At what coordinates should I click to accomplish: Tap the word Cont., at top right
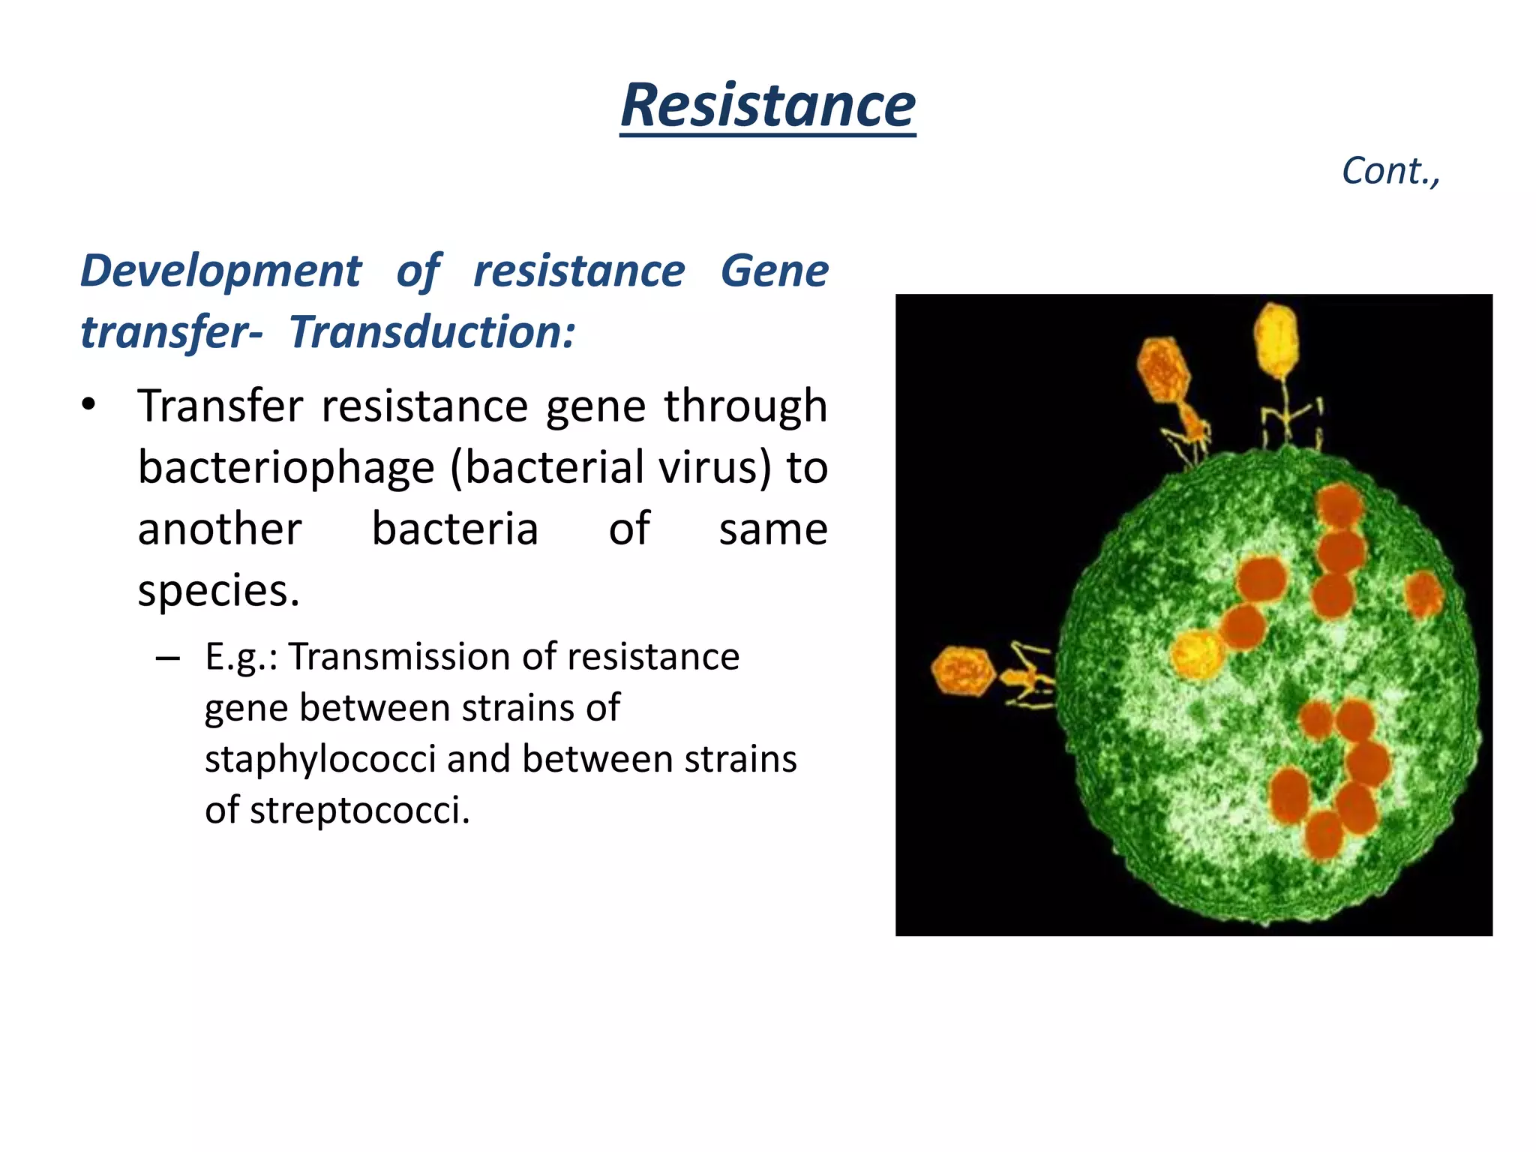1390,171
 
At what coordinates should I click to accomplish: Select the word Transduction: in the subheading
433,332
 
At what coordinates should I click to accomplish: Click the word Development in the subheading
220,271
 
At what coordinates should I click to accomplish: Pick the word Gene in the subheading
774,271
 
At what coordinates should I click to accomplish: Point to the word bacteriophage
286,468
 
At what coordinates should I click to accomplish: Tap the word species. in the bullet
218,591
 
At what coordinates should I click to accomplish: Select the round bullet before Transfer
89,406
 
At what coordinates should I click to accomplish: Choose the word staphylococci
320,759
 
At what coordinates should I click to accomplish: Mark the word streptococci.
359,811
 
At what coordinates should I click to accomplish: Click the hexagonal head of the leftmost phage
962,670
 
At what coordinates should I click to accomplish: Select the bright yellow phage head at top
1276,340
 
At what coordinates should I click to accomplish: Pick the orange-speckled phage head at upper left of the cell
1162,369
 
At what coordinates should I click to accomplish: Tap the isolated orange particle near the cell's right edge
1423,595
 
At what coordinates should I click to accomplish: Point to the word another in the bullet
220,529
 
